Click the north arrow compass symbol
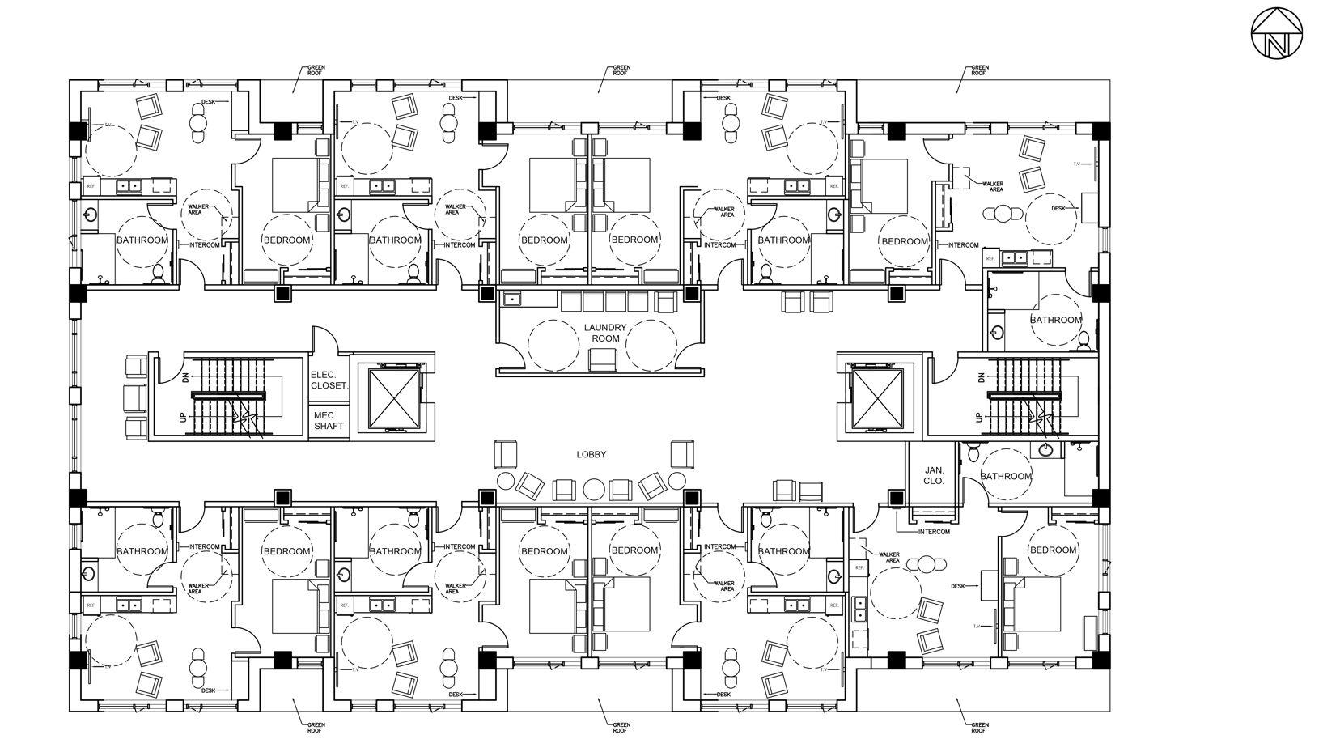pyautogui.click(x=1277, y=34)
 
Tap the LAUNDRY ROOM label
pyautogui.click(x=605, y=333)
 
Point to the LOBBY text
pyautogui.click(x=592, y=455)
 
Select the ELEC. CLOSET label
pyautogui.click(x=329, y=380)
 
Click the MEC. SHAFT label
pyautogui.click(x=329, y=420)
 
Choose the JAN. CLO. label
pyautogui.click(x=934, y=475)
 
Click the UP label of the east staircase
pyautogui.click(x=981, y=418)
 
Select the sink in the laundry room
pyautogui.click(x=511, y=300)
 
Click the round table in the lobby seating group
pyautogui.click(x=594, y=488)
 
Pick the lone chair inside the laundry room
pyautogui.click(x=601, y=359)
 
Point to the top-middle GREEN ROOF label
pyautogui.click(x=621, y=70)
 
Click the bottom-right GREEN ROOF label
pyautogui.click(x=978, y=727)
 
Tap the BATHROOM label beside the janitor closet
pyautogui.click(x=1007, y=476)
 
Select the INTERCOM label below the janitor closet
pyautogui.click(x=934, y=532)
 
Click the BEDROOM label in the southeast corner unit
pyautogui.click(x=1053, y=550)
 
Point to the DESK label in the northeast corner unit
pyautogui.click(x=1059, y=208)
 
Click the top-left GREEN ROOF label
pyautogui.click(x=315, y=70)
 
